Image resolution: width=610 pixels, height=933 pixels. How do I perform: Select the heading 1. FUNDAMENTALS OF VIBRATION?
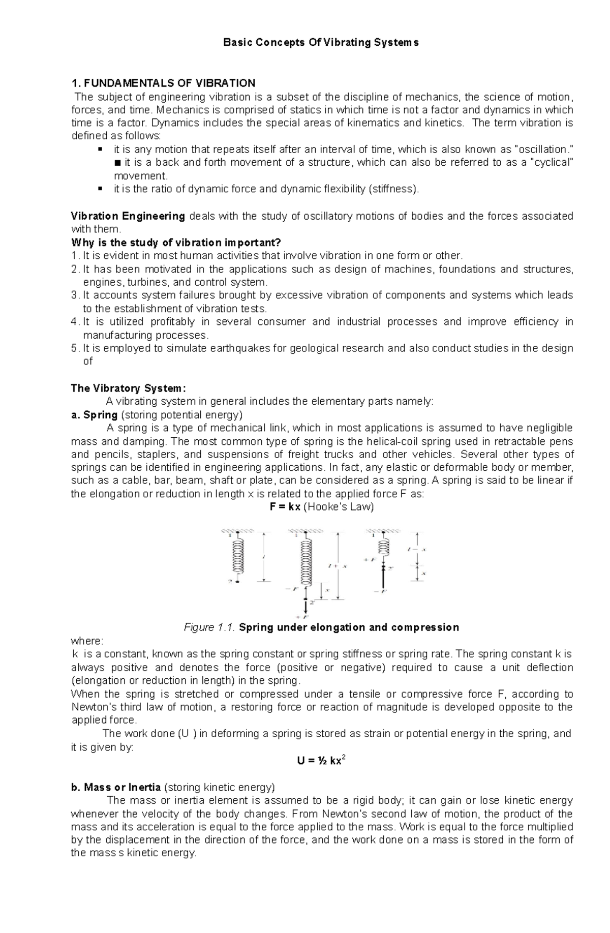point(163,83)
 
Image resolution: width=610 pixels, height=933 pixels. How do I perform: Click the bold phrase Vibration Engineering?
point(128,216)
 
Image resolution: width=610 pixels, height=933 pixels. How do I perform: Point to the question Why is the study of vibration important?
point(176,243)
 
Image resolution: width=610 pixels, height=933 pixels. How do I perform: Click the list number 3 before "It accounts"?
point(74,295)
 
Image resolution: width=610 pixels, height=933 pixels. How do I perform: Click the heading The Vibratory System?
point(125,388)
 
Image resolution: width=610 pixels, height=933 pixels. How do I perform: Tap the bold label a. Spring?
point(95,415)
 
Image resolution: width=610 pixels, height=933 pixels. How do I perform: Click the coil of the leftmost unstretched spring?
point(238,557)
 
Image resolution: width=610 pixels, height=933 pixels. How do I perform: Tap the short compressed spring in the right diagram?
point(384,547)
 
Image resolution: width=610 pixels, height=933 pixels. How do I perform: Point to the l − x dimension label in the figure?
point(417,550)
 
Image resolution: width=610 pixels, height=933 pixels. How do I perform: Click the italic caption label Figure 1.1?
point(209,627)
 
